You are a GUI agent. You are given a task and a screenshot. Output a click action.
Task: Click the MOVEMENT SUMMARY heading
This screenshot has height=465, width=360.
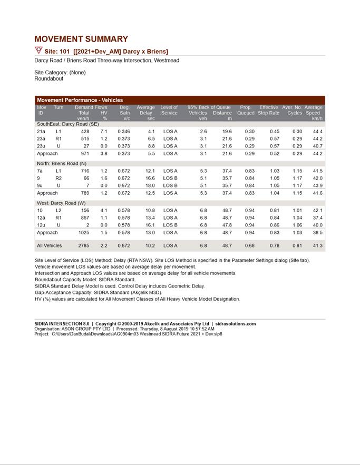pos(81,39)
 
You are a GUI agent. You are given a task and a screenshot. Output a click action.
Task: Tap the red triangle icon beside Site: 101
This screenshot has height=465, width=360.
pos(38,51)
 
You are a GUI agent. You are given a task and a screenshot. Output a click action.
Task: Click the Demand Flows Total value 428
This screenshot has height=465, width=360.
pos(85,131)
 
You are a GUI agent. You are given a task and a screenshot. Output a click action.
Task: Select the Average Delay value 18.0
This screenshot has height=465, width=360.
pos(150,186)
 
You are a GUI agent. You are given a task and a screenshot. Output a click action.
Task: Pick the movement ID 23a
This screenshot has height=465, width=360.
pos(41,138)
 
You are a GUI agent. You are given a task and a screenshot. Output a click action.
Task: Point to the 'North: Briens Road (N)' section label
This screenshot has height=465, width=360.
pos(61,164)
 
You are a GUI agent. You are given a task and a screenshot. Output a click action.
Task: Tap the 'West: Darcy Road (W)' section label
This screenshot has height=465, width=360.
pos(61,203)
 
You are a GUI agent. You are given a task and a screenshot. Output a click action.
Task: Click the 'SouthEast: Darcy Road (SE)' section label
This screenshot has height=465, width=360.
pos(67,124)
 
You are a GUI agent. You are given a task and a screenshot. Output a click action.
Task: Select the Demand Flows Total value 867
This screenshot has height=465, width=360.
pos(84,217)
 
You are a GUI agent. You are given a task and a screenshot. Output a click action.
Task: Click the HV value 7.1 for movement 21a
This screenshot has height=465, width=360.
pos(104,131)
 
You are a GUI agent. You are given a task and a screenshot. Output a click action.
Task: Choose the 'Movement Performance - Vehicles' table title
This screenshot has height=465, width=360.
pos(80,100)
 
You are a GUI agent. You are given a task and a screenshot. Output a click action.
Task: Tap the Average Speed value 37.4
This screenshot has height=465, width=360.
pos(317,217)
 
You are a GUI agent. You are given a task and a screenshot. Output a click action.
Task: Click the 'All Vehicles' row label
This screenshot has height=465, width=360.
pos(49,246)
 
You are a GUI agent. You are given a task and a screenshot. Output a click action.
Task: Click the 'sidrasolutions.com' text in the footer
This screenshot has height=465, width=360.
pos(236,324)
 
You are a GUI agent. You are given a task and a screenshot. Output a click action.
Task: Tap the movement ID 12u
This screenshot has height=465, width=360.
pos(41,225)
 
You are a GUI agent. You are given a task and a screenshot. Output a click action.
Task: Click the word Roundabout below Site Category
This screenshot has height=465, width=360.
pos(48,78)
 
